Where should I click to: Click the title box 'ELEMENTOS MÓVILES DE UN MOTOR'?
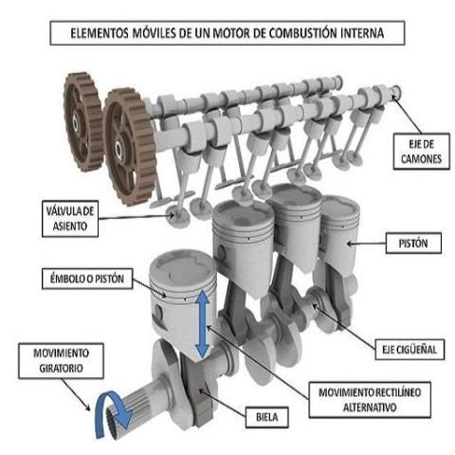(x=227, y=33)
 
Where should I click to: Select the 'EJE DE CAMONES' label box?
(x=421, y=152)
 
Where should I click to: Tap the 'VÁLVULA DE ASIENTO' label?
(x=70, y=219)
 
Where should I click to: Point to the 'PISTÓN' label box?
(x=413, y=244)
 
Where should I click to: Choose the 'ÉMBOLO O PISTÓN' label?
(x=87, y=279)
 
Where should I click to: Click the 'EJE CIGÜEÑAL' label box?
(x=409, y=350)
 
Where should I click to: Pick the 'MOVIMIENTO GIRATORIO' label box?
(x=61, y=360)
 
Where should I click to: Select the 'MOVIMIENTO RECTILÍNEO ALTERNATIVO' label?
(x=370, y=400)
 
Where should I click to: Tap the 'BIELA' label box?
(x=267, y=417)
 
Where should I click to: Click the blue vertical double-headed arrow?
(x=202, y=324)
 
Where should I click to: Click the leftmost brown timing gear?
(x=82, y=121)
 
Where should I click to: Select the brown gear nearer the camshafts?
(x=130, y=147)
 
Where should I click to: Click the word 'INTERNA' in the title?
(x=362, y=33)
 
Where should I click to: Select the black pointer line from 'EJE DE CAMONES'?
(x=408, y=115)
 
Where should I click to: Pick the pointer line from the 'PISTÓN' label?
(x=367, y=244)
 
